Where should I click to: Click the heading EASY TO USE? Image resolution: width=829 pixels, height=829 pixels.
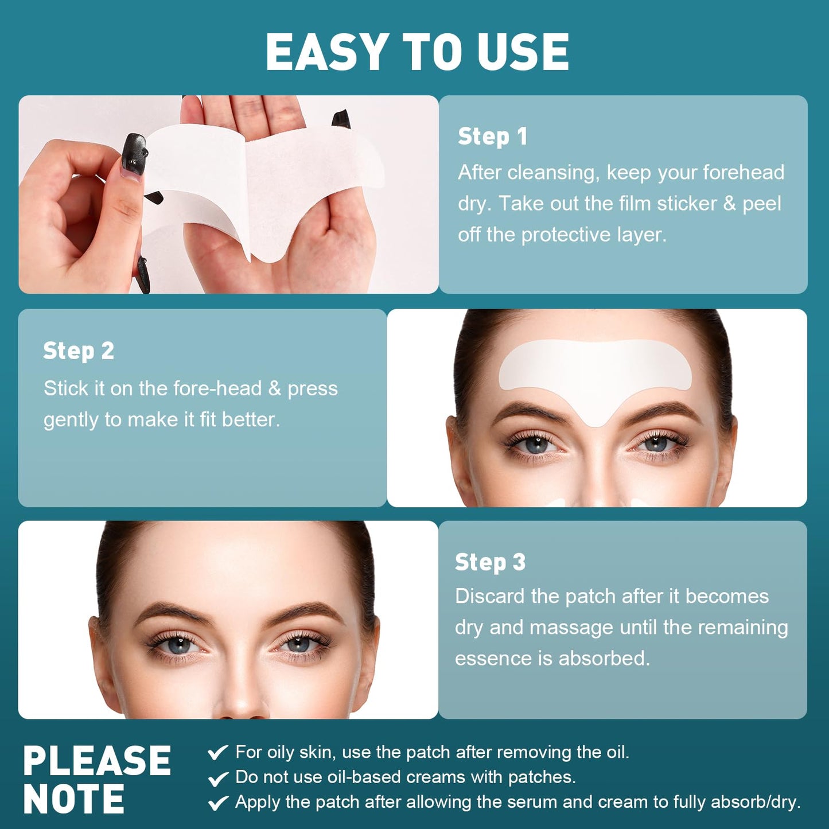point(417,52)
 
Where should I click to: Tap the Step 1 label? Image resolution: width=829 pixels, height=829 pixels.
point(492,137)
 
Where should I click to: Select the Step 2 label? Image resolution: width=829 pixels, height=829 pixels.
point(79,351)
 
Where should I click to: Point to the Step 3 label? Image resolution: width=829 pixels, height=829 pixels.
point(490,562)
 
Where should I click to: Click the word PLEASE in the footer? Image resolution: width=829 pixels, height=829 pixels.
point(97,761)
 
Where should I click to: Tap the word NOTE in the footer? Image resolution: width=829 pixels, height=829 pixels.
point(73,799)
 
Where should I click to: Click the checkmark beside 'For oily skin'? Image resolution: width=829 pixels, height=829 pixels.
point(218,752)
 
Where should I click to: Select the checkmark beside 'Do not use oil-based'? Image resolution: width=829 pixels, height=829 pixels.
point(218,778)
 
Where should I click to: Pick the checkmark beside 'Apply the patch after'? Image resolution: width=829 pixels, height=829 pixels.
point(218,803)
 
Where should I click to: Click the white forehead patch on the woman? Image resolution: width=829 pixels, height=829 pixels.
point(595,370)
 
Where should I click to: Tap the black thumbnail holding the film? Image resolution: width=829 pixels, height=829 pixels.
point(134,154)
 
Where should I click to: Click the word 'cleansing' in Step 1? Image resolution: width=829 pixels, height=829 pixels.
point(551,172)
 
